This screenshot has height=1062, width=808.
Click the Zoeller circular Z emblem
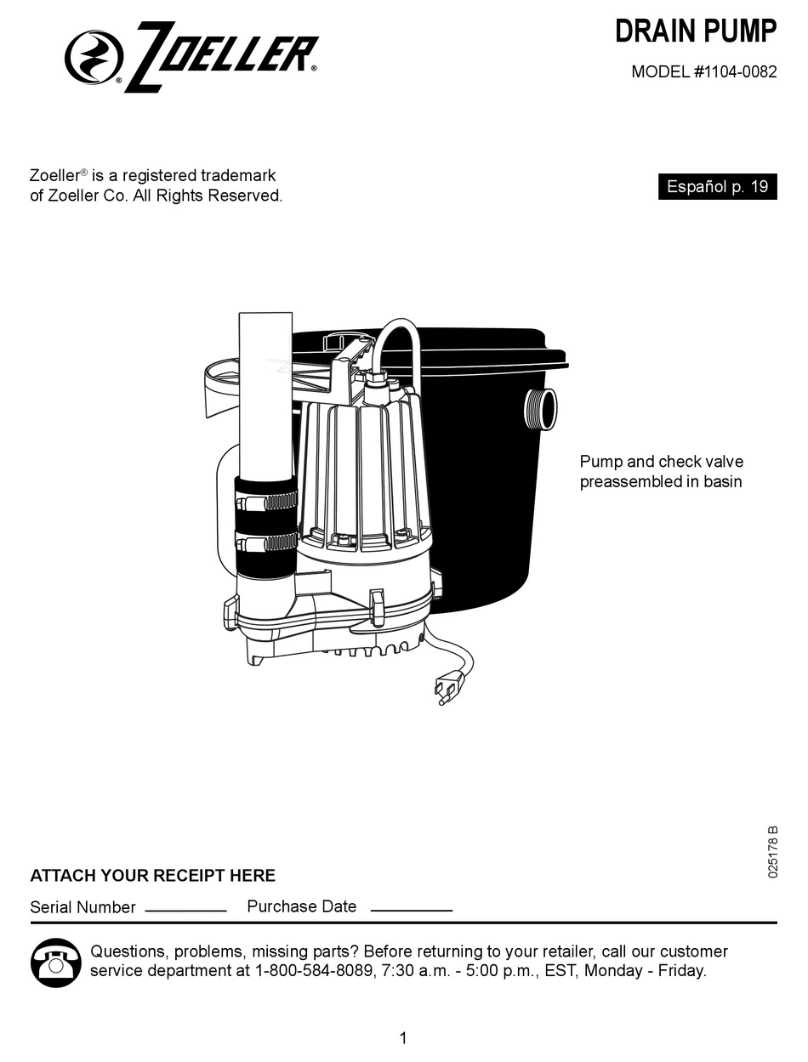94,57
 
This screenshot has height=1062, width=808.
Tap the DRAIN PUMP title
695,31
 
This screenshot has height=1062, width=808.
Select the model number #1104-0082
735,72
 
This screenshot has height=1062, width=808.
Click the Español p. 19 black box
717,187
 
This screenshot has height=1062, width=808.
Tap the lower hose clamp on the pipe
266,542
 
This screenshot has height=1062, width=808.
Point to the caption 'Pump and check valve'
661,462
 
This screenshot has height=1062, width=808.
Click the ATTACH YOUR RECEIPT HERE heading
152,876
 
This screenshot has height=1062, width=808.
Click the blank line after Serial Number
185,910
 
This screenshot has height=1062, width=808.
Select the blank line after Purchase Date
411,910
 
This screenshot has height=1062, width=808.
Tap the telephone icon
56,963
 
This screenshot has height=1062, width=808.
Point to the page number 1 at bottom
403,1037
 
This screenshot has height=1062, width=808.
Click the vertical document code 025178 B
772,851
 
